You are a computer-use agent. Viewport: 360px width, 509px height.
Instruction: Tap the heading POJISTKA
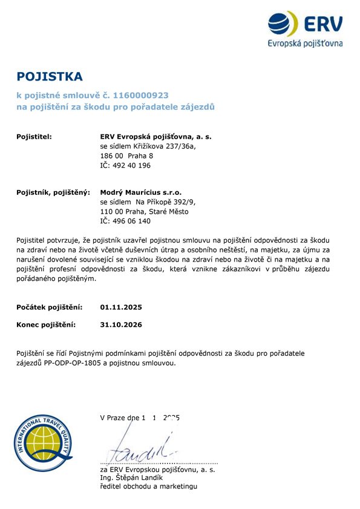[49, 77]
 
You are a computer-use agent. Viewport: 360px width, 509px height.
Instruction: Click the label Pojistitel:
[34, 137]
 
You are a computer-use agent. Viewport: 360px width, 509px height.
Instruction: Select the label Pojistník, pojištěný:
[53, 192]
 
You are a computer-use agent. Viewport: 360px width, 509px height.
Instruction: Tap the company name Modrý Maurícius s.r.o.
[140, 192]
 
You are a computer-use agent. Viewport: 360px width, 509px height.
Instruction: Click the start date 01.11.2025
[121, 307]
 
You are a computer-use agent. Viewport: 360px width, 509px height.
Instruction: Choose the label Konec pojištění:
[46, 325]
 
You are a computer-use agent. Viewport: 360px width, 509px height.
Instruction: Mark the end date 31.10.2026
[121, 325]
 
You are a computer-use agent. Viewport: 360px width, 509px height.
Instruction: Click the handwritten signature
[142, 448]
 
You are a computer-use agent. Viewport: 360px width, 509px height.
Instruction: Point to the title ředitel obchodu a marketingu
[148, 486]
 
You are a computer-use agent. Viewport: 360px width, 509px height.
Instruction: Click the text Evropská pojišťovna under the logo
[305, 43]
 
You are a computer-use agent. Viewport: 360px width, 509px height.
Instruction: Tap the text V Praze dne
[120, 418]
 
